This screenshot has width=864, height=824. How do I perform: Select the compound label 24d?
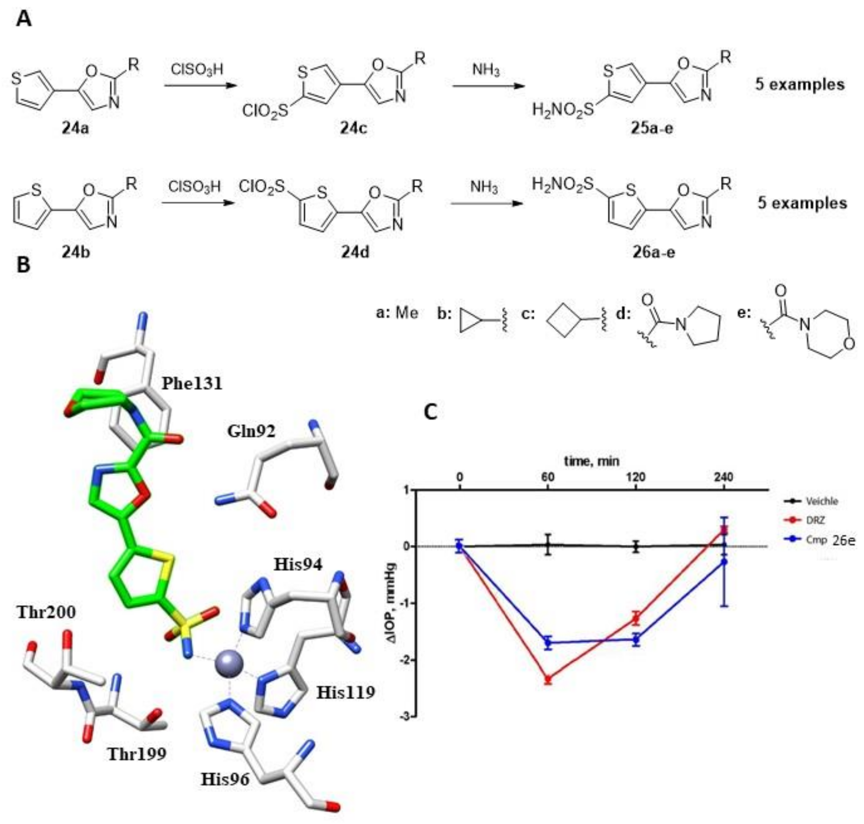pos(355,252)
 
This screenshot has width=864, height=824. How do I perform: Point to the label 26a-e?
pos(653,252)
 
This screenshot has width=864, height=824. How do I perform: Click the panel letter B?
pos(23,265)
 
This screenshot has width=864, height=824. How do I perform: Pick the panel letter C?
pos(431,412)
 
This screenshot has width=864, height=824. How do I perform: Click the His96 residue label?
pos(225,779)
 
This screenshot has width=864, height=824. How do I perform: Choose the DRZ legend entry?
pos(814,520)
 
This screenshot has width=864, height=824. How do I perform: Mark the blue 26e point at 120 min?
pos(636,640)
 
